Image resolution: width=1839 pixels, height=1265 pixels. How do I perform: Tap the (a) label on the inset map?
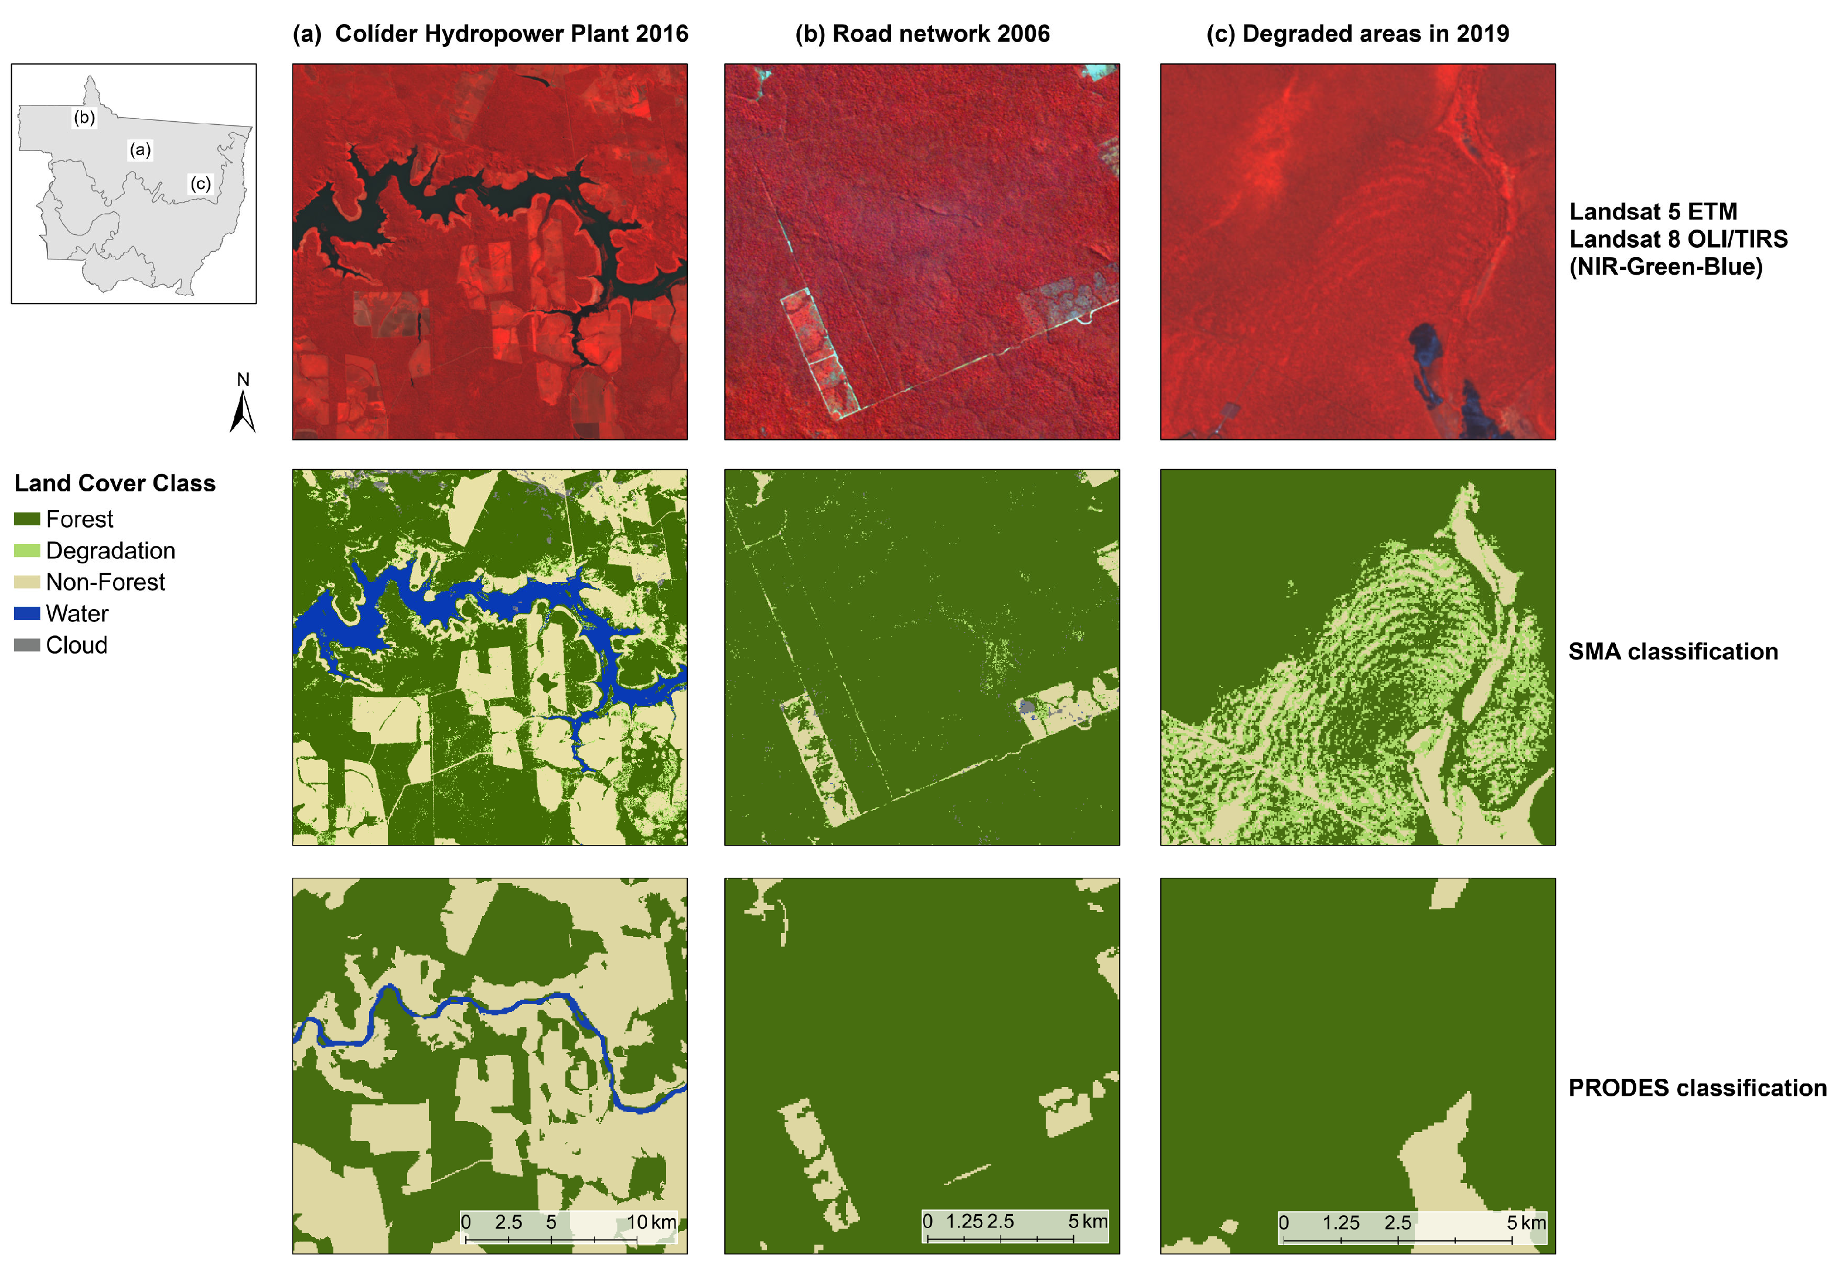(x=140, y=150)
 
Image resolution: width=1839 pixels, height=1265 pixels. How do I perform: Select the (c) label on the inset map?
(x=200, y=184)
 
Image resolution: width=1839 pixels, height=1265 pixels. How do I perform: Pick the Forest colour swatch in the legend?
(x=27, y=519)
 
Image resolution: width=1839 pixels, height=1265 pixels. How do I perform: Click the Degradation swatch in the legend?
(x=27, y=551)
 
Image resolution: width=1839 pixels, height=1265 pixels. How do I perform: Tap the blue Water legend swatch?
(x=27, y=614)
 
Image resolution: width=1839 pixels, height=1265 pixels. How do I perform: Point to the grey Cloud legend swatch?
(x=27, y=645)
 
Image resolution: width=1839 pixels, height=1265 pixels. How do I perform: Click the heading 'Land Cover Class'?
(x=115, y=484)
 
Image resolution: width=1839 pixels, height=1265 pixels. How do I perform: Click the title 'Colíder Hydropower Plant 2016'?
(x=511, y=34)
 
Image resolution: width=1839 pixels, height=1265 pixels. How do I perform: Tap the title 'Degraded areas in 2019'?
(x=1375, y=34)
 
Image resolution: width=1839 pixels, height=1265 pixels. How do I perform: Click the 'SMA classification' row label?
(x=1673, y=651)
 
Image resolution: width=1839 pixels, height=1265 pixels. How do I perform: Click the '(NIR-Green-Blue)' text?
(x=1666, y=267)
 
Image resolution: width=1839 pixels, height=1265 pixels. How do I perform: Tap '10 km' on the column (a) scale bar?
(x=651, y=1222)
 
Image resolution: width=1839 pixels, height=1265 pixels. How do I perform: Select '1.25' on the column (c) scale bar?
(x=1340, y=1223)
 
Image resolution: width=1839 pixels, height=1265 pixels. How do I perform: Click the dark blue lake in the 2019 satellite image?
(x=1424, y=341)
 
